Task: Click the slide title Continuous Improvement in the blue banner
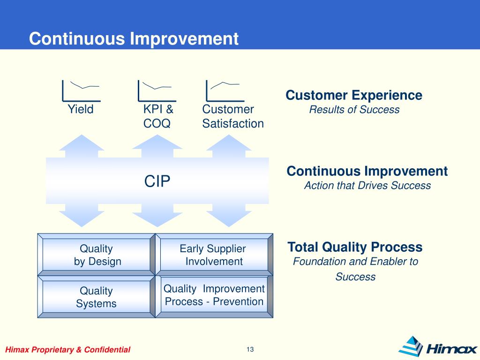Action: [x=134, y=39]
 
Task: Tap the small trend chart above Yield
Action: [x=81, y=91]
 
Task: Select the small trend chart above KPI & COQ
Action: [x=157, y=91]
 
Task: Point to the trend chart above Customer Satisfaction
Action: [x=225, y=91]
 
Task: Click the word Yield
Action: [x=81, y=109]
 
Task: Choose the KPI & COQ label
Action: [x=158, y=116]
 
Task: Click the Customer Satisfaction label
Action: [x=233, y=116]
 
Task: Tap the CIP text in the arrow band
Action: [x=157, y=181]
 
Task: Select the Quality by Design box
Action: [x=97, y=255]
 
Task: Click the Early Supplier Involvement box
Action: [x=214, y=255]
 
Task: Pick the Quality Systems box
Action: [x=97, y=297]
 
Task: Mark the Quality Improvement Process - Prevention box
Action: [x=214, y=297]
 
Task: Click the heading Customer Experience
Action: [x=354, y=95]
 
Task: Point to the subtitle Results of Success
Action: [x=354, y=110]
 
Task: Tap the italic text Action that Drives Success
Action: [x=367, y=186]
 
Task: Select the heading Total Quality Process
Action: [x=355, y=247]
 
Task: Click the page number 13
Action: [x=250, y=349]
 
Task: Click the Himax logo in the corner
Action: [x=438, y=347]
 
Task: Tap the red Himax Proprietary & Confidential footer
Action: [x=67, y=350]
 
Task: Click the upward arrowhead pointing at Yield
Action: [x=82, y=142]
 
